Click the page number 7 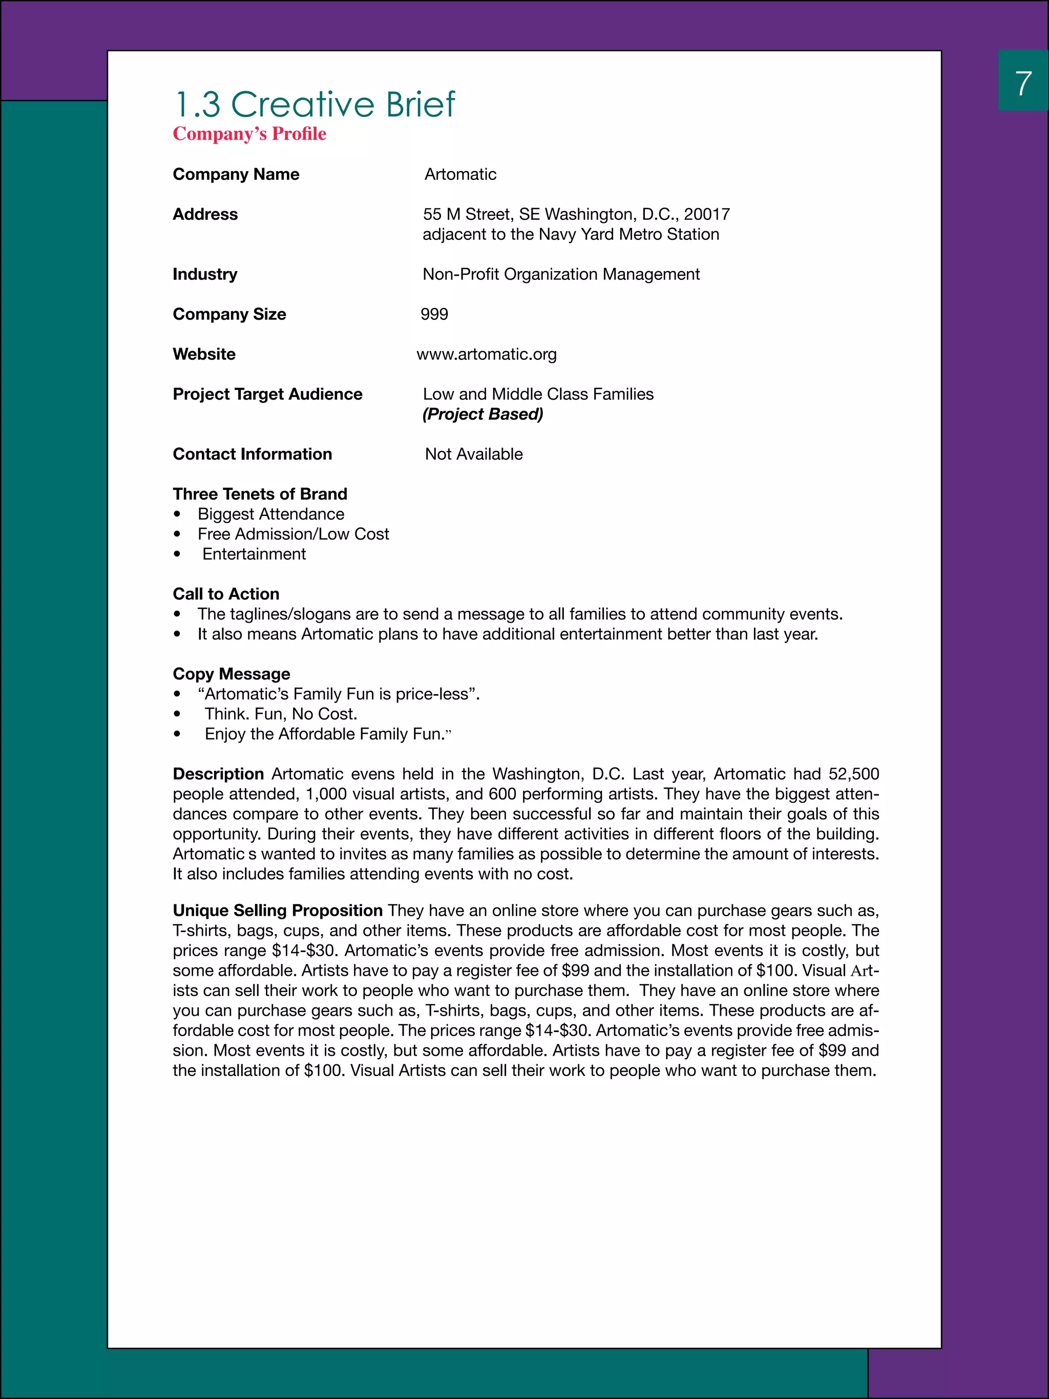point(1023,84)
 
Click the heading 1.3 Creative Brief point(314,105)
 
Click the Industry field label point(205,275)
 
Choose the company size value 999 point(434,314)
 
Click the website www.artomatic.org point(486,354)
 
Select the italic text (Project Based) point(482,414)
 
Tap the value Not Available point(474,454)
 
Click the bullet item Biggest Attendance point(270,514)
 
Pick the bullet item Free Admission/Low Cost point(293,534)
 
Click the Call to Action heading point(226,594)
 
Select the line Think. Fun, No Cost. point(281,714)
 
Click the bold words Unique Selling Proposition point(278,911)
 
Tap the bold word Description point(218,774)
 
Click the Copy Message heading point(232,674)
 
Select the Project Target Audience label point(267,394)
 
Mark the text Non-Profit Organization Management point(561,275)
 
